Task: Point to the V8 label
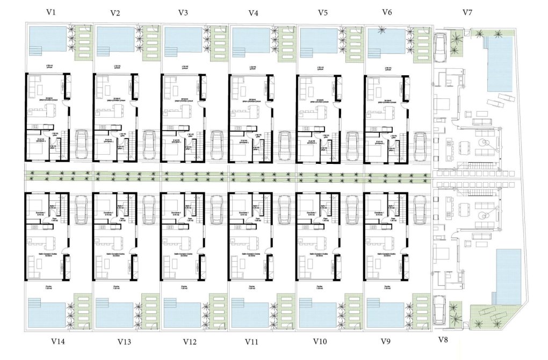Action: [x=443, y=340]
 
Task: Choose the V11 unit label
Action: [x=253, y=341]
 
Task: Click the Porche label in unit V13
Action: [x=116, y=287]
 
